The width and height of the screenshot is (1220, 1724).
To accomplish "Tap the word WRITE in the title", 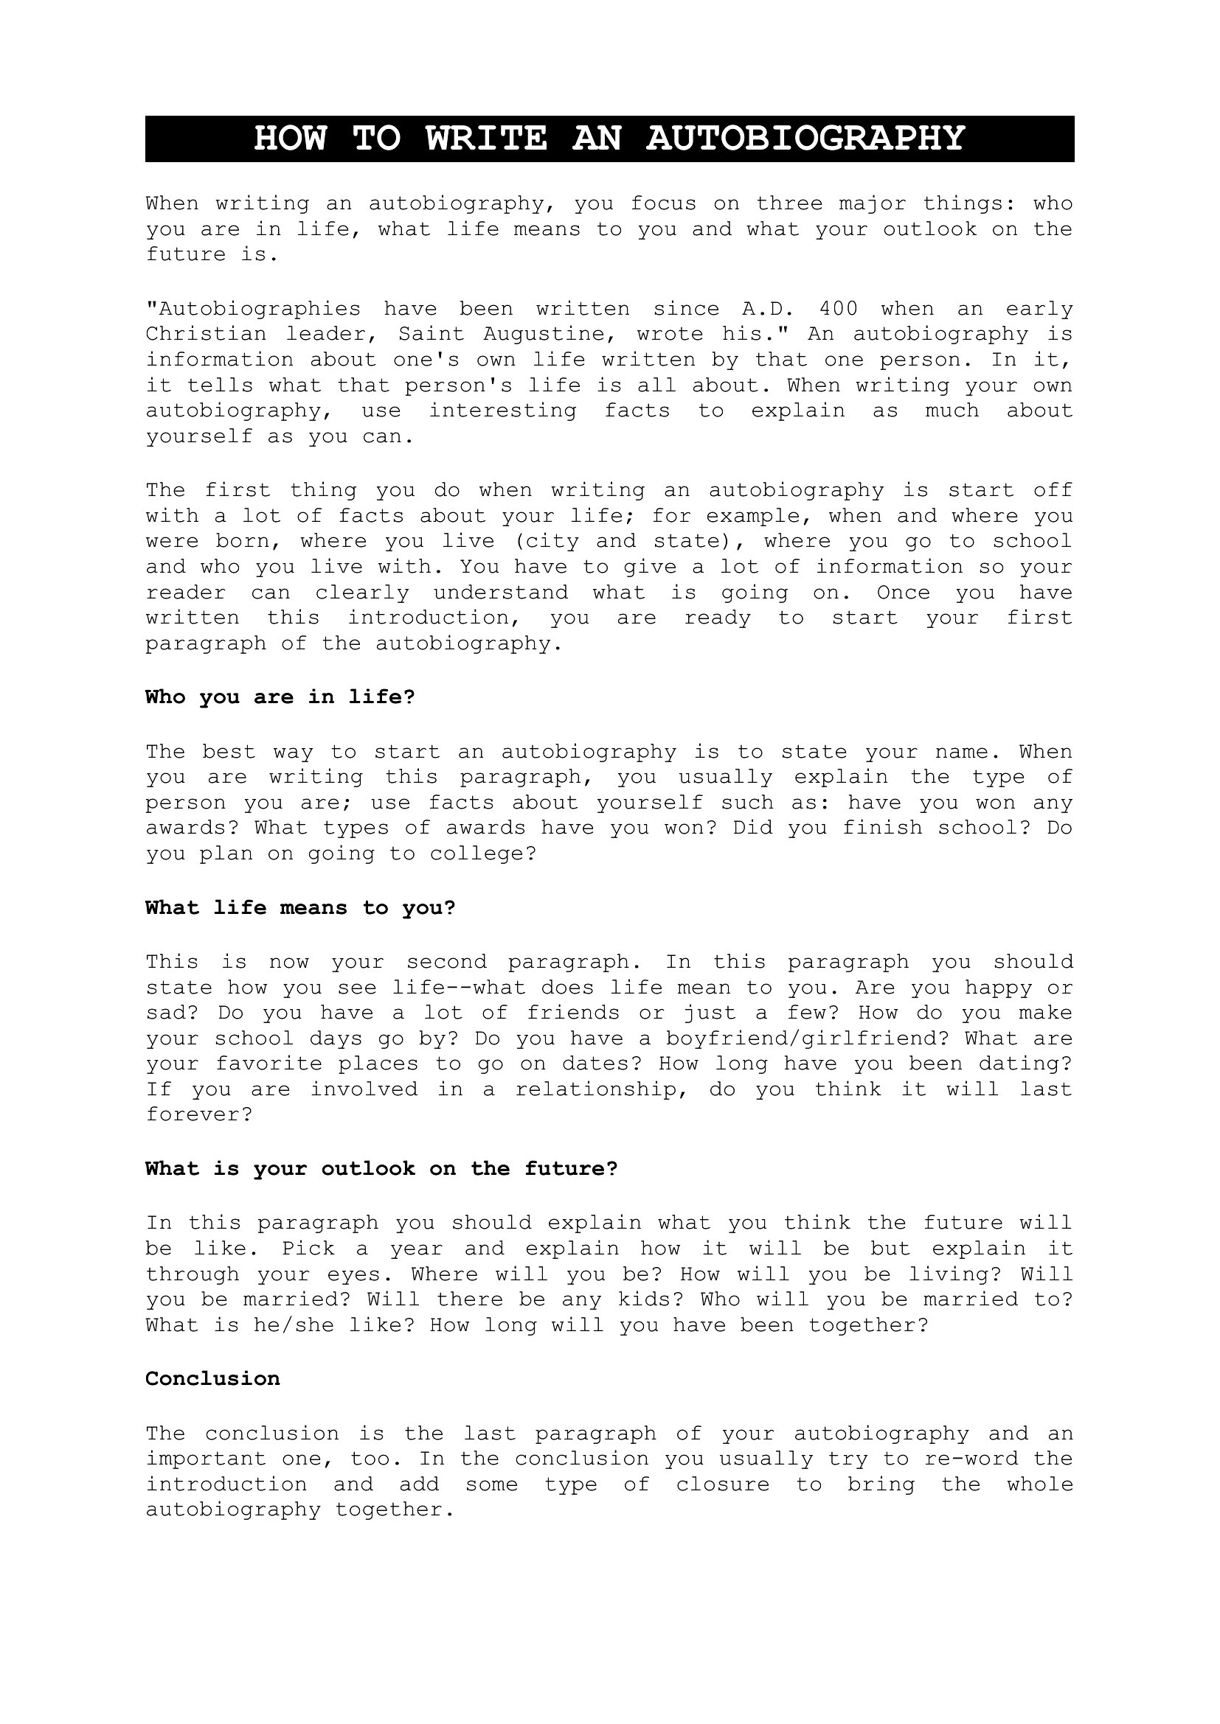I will coord(486,139).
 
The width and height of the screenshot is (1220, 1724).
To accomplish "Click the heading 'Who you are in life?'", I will coord(280,697).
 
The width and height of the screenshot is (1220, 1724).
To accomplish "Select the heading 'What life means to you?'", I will coord(300,908).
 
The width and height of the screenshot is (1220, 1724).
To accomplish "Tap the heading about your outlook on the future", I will coord(381,1169).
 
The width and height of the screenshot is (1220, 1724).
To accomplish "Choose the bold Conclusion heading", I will coord(212,1378).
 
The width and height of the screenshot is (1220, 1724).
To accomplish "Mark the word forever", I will coord(198,1115).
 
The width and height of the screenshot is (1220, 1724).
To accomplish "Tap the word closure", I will coord(722,1484).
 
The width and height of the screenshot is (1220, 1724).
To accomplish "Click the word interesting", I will coord(502,411).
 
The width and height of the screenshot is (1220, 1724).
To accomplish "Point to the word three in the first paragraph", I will coord(790,204).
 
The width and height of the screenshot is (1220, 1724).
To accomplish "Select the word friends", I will coord(573,1013).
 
